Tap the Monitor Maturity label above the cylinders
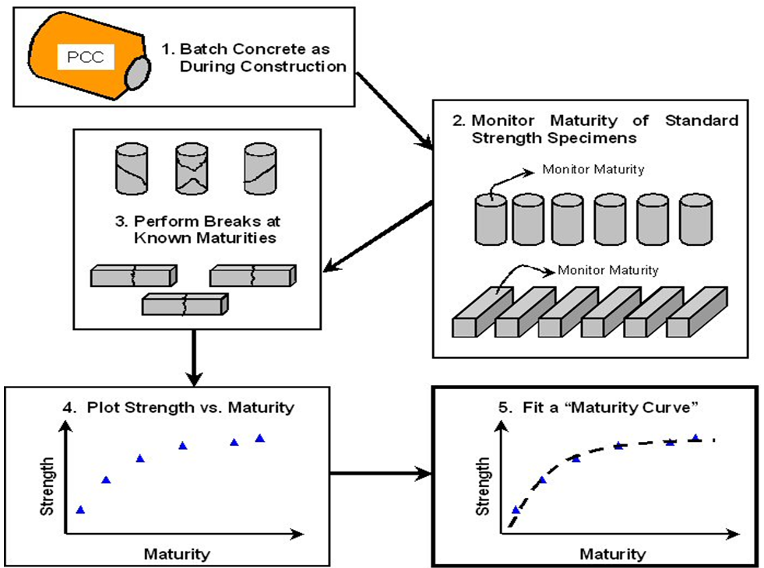[593, 169]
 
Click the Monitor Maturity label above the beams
[608, 270]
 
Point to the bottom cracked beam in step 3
[185, 303]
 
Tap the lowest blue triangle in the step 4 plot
[79, 510]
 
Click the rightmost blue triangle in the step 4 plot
[260, 439]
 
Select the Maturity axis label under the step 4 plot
[177, 554]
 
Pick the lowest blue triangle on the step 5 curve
[515, 510]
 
